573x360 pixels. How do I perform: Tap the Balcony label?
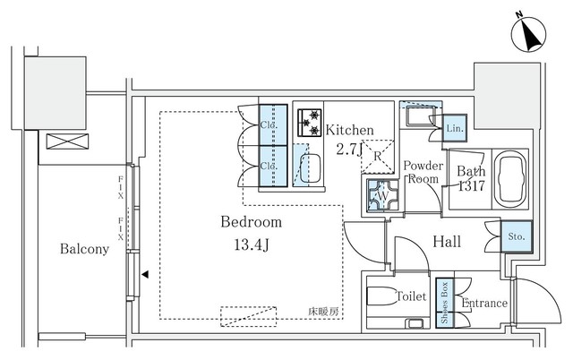85,249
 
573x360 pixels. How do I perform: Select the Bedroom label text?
252,221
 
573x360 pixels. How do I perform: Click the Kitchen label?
349,131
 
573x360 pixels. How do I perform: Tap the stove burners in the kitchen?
310,121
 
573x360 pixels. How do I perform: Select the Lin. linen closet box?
455,129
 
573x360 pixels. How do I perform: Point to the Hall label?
448,241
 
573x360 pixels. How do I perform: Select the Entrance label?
484,304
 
